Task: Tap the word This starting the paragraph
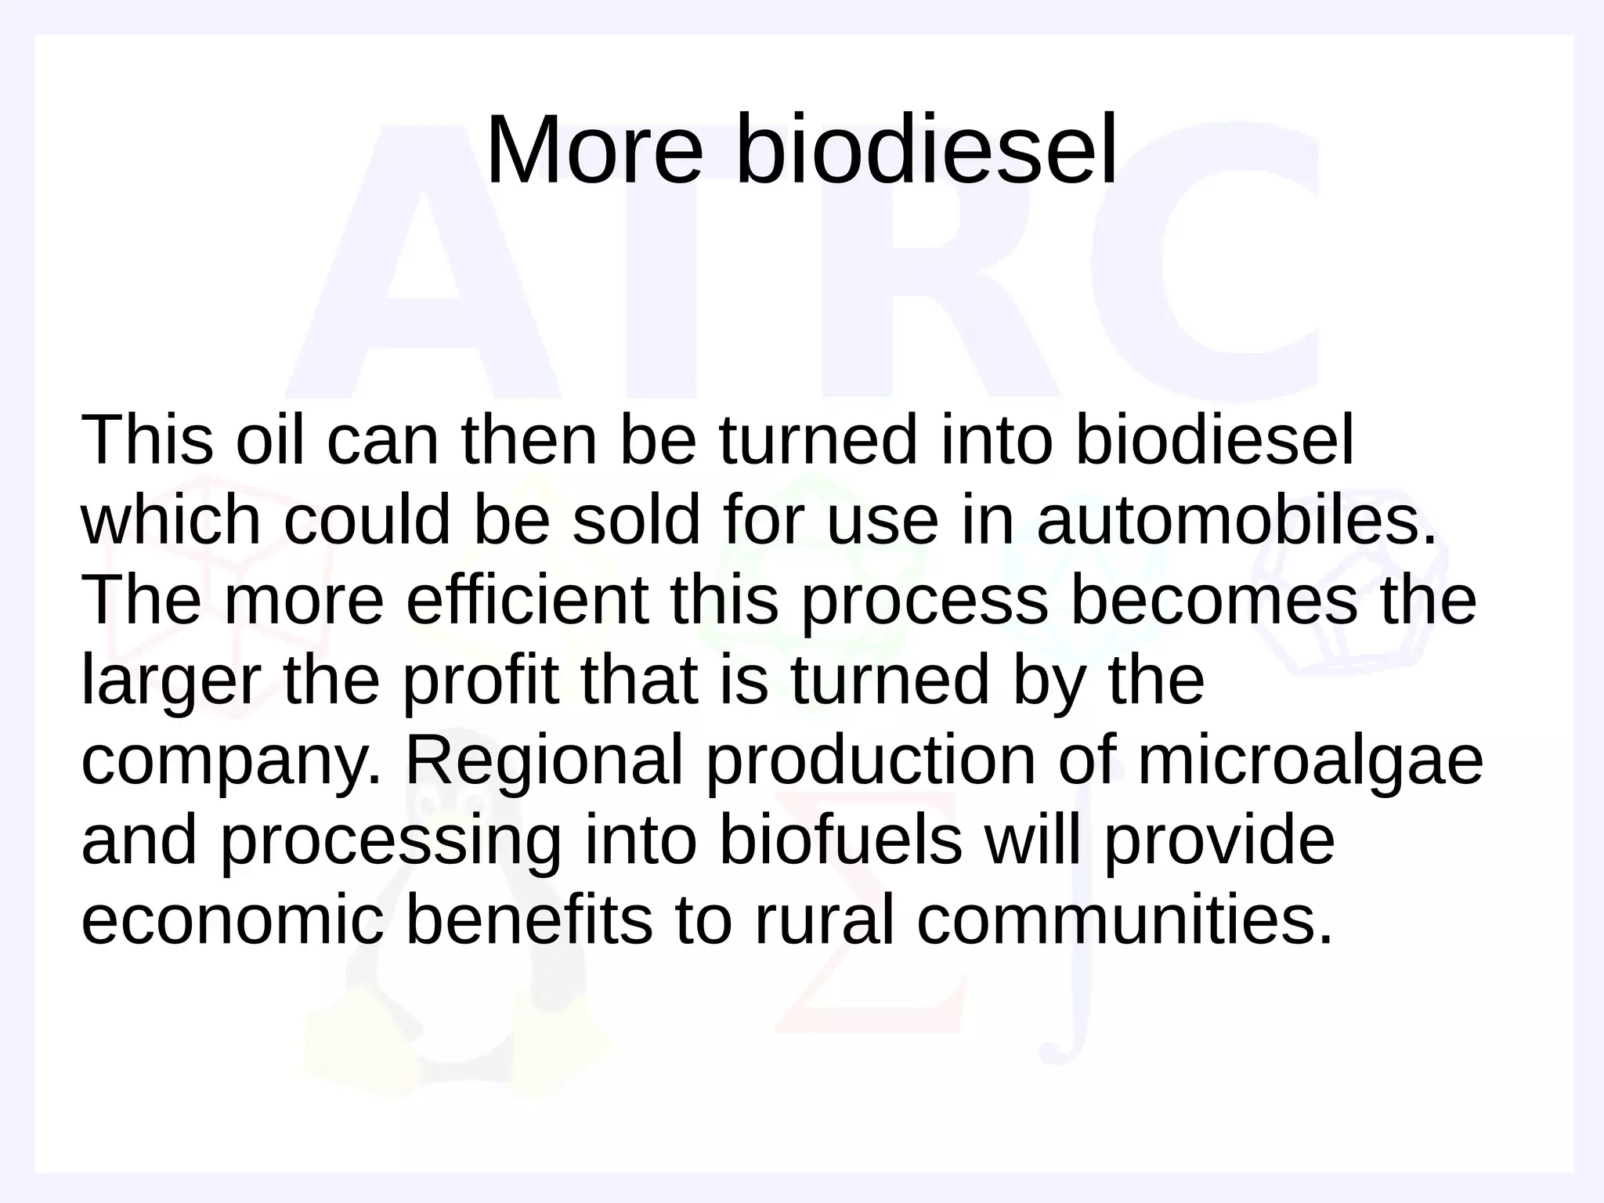[147, 440]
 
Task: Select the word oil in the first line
[269, 440]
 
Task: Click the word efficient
[527, 601]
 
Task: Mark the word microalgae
[1310, 761]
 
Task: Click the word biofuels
[840, 841]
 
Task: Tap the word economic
[233, 921]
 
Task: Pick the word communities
[1124, 921]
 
